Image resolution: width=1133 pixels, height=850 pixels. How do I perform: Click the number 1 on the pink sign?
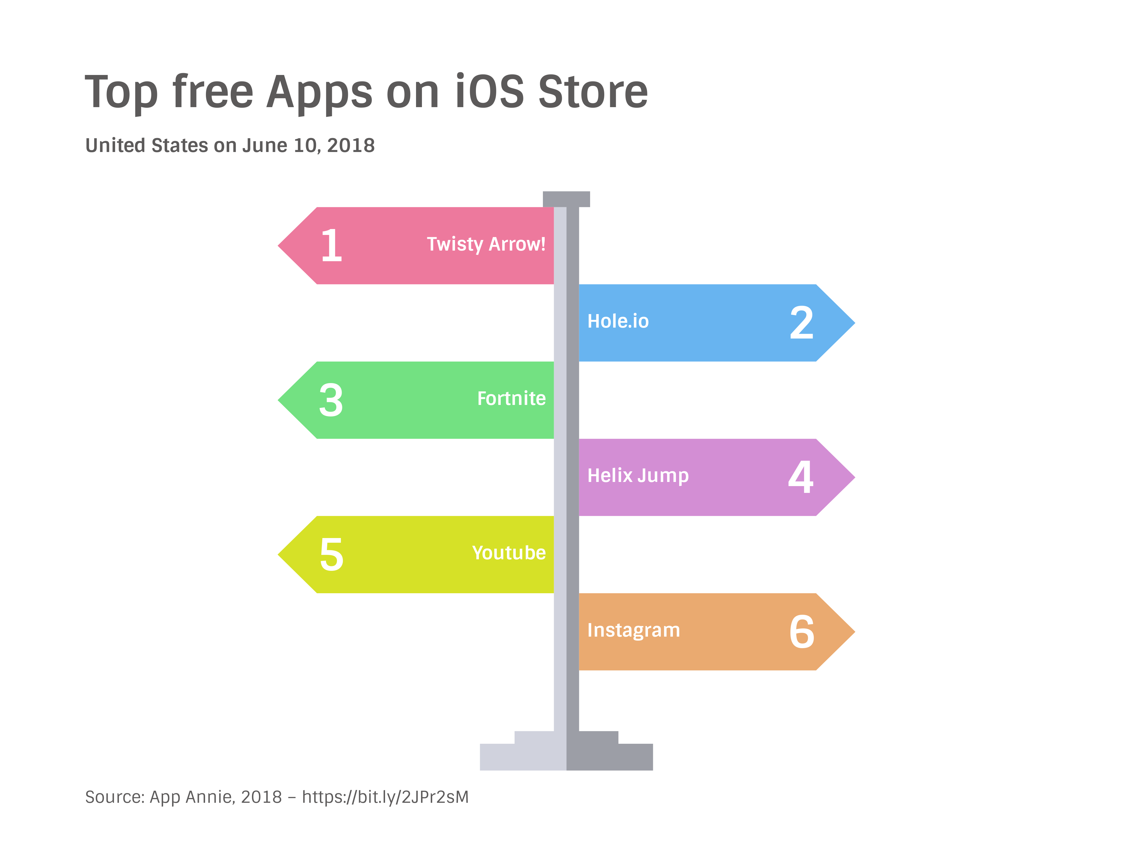pos(331,246)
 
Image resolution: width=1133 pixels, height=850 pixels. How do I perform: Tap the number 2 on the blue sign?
pos(802,323)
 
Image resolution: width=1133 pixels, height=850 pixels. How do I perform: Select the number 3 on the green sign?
pos(331,400)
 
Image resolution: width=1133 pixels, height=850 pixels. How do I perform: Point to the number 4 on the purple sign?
pos(800,477)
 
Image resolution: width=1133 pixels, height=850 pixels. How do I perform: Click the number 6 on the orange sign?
pos(802,632)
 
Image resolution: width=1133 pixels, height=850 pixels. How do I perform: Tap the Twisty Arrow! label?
pos(486,244)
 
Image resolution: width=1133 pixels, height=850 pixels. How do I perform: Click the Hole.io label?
pos(618,321)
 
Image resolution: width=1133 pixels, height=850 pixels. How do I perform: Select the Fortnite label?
pos(511,399)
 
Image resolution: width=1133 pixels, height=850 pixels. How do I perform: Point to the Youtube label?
pos(509,553)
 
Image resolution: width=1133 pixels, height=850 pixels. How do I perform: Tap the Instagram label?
pos(633,630)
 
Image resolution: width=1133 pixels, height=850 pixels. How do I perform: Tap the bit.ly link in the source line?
pos(385,797)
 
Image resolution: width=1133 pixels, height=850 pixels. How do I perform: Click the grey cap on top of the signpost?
pos(566,199)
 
